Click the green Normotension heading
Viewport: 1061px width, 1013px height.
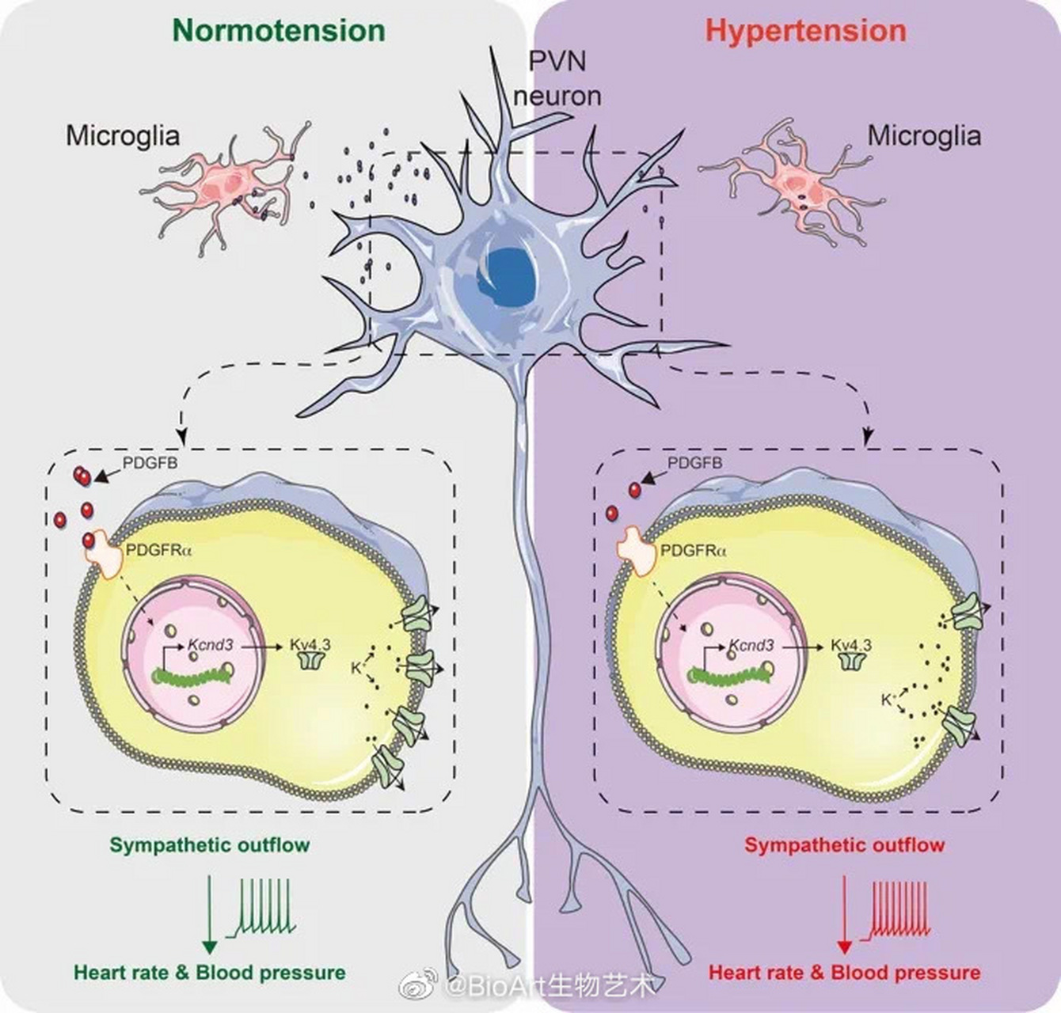point(279,31)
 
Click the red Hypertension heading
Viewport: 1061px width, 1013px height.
point(805,31)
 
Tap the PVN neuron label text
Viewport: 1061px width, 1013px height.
point(557,78)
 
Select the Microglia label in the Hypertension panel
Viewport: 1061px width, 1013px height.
point(924,135)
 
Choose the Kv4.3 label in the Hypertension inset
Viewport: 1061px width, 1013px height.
point(851,644)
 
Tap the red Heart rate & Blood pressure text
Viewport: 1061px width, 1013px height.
point(844,972)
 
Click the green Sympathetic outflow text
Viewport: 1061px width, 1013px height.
point(210,844)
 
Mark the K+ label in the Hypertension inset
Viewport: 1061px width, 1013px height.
point(888,700)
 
